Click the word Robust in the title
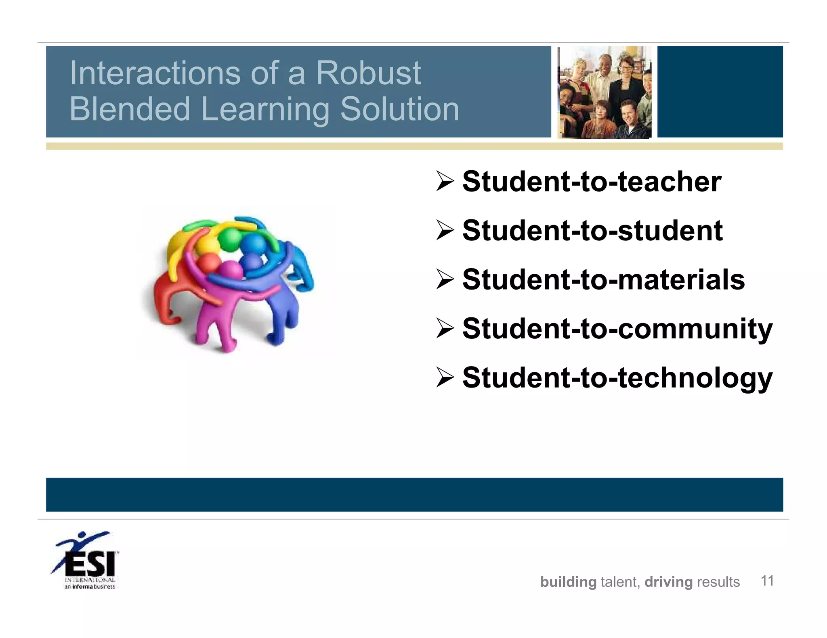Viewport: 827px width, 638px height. click(368, 73)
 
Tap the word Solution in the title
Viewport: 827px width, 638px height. click(400, 109)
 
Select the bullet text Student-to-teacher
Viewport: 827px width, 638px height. click(592, 181)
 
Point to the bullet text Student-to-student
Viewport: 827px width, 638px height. click(592, 231)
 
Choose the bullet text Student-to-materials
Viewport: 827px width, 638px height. click(603, 279)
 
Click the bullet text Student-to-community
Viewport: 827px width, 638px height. click(617, 329)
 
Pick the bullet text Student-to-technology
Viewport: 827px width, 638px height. click(617, 378)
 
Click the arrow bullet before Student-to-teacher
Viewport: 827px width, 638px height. click(445, 181)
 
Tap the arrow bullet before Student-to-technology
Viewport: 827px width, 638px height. click(445, 378)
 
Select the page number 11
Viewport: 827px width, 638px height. click(767, 581)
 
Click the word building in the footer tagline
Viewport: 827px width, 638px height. click(568, 582)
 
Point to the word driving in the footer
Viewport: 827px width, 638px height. click(668, 582)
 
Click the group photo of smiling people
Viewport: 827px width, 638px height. click(604, 92)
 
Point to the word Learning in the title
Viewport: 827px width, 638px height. click(265, 109)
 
